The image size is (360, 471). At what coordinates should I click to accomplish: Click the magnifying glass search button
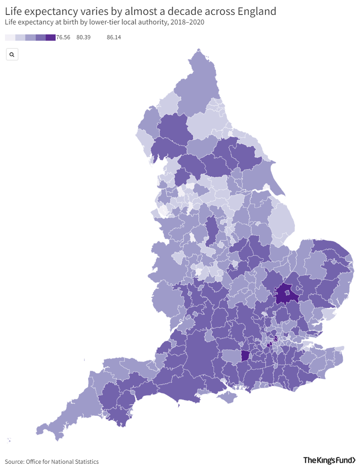point(12,55)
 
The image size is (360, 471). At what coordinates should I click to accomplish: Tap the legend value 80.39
point(84,38)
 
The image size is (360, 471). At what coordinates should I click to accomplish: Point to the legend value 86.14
point(114,38)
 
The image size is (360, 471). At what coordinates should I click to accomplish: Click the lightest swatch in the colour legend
point(10,38)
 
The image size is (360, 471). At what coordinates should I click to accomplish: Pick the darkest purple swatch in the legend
point(50,38)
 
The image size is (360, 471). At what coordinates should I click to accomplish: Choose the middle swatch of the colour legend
point(30,38)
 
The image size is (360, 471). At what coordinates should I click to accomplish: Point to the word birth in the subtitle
point(68,22)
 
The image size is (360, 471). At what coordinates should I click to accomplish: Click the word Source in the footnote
point(14,461)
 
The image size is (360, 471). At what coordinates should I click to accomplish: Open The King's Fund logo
point(329,461)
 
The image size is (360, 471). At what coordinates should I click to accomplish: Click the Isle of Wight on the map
point(227,397)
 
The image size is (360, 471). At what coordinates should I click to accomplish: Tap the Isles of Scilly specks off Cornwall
point(9,440)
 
